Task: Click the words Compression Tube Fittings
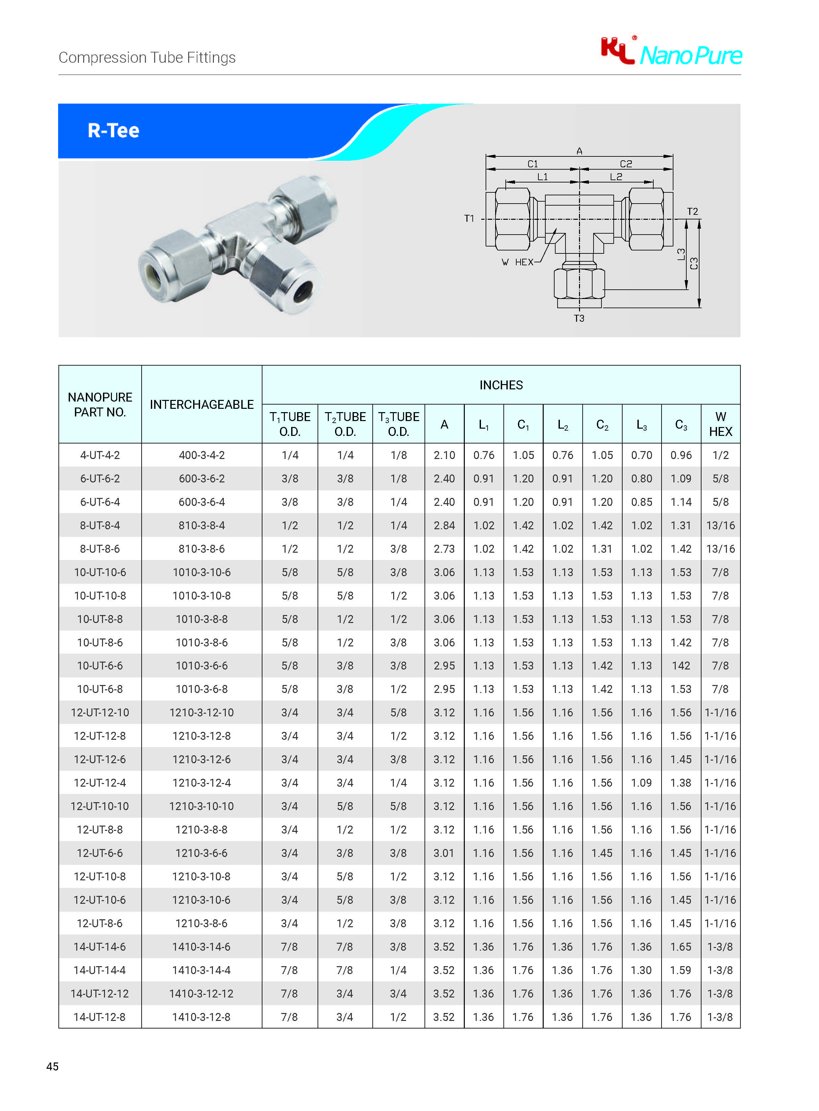[x=147, y=57]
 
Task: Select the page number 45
[x=52, y=1066]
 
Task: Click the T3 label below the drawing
[x=579, y=319]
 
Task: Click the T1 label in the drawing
[x=469, y=218]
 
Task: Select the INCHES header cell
[x=501, y=385]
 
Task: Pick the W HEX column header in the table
[x=720, y=424]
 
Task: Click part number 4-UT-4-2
[x=100, y=455]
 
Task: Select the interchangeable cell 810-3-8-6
[x=201, y=548]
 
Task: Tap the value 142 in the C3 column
[x=681, y=666]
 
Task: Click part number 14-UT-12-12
[x=100, y=994]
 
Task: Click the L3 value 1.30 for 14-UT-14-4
[x=641, y=970]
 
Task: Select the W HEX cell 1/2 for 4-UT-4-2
[x=720, y=455]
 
